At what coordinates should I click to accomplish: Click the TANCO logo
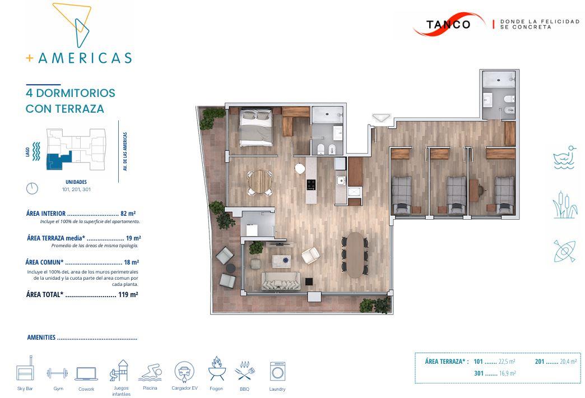(448, 24)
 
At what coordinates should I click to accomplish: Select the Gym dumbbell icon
(57, 373)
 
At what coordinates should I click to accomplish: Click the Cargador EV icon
(184, 372)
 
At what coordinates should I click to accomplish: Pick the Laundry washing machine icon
(277, 372)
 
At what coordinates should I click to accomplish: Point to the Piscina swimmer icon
(150, 373)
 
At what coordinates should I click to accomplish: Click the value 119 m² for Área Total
(128, 295)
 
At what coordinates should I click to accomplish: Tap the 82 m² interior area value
(128, 214)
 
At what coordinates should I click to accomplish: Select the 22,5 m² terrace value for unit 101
(507, 362)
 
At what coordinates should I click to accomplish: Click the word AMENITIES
(41, 337)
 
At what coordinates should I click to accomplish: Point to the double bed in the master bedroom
(256, 128)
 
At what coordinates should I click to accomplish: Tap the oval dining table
(355, 255)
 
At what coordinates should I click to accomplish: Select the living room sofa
(281, 281)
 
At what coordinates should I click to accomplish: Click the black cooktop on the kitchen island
(311, 184)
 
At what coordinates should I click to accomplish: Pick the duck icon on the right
(564, 158)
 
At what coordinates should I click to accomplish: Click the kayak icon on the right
(564, 251)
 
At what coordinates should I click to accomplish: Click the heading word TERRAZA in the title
(80, 109)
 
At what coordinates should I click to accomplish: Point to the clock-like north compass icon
(32, 188)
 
